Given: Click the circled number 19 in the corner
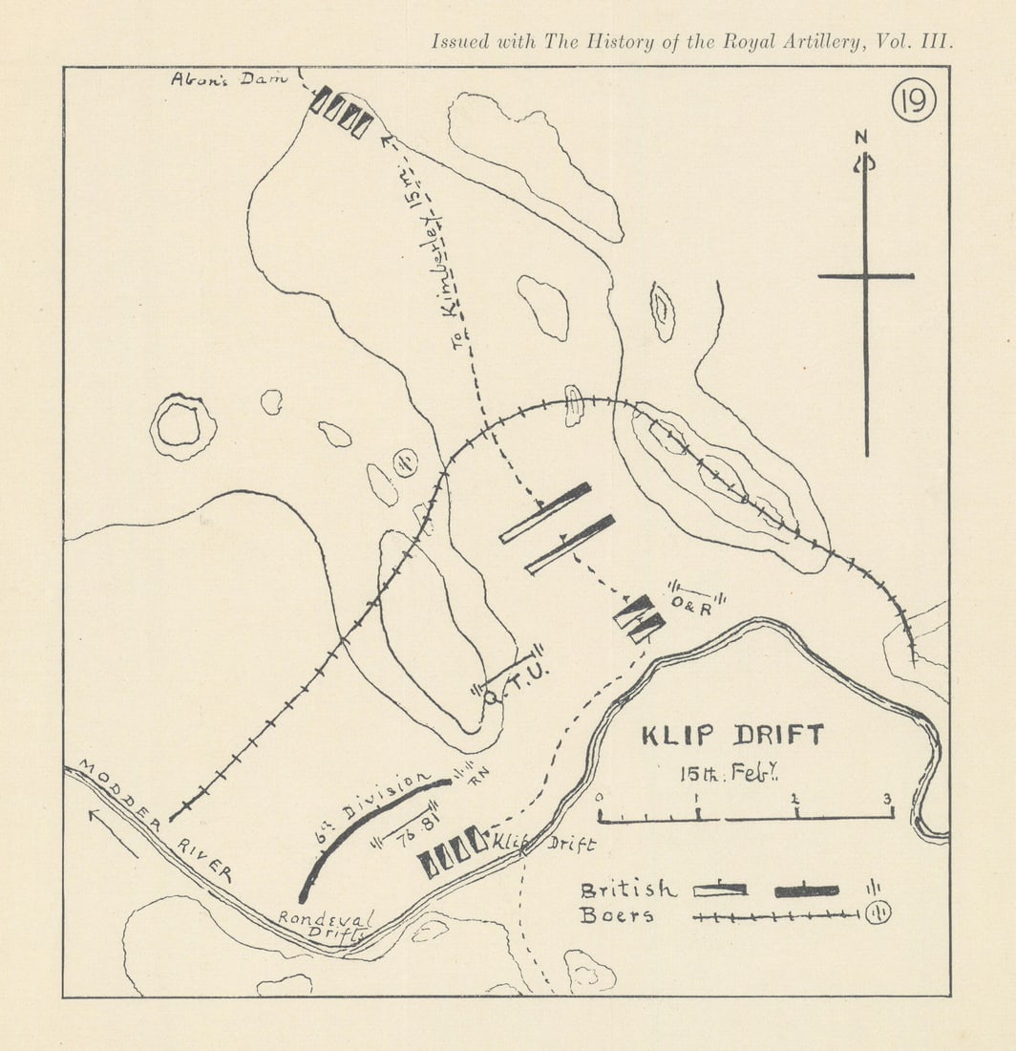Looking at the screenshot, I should click(914, 99).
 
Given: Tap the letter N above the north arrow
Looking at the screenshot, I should click(861, 138).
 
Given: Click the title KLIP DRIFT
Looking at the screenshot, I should click(732, 737).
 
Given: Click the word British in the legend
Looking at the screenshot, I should click(627, 890).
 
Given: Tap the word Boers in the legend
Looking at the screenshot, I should click(617, 915).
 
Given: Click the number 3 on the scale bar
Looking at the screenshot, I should click(888, 799).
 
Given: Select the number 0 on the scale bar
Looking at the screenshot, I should click(599, 797).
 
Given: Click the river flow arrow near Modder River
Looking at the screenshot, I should click(114, 831).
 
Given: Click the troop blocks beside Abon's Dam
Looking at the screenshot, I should click(341, 112).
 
